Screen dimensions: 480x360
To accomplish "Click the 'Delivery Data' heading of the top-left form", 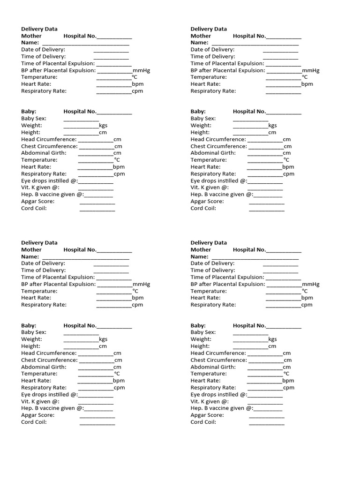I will pyautogui.click(x=39, y=29).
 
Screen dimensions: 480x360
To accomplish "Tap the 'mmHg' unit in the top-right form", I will pyautogui.click(x=310, y=70).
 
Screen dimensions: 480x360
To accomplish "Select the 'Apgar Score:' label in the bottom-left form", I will pyautogui.click(x=37, y=415).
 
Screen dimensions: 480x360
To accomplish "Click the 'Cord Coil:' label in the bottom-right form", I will pyautogui.click(x=203, y=422).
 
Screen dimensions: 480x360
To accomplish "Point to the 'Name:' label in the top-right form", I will pyautogui.click(x=199, y=43).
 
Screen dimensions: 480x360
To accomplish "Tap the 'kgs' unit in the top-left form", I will pyautogui.click(x=103, y=126).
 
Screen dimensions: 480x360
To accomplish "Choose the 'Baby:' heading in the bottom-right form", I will pyautogui.click(x=198, y=325).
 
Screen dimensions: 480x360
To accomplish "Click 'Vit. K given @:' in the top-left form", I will pyautogui.click(x=40, y=187).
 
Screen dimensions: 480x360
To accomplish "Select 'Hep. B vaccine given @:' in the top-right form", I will pyautogui.click(x=222, y=195).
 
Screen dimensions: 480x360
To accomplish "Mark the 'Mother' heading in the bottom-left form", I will pyautogui.click(x=31, y=250).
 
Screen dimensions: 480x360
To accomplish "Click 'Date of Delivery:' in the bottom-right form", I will pyautogui.click(x=212, y=263).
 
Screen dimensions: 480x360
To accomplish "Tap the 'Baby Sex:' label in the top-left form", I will pyautogui.click(x=33, y=119).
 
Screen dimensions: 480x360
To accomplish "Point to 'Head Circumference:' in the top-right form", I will pyautogui.click(x=218, y=139).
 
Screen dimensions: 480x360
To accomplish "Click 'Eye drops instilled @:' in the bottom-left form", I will pyautogui.click(x=49, y=395).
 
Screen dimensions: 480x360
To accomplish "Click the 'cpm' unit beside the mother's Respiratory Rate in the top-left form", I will pyautogui.click(x=137, y=91).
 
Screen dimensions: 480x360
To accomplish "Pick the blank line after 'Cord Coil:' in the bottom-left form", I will pyautogui.click(x=97, y=423).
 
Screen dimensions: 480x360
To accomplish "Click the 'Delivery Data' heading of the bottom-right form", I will pyautogui.click(x=209, y=243).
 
